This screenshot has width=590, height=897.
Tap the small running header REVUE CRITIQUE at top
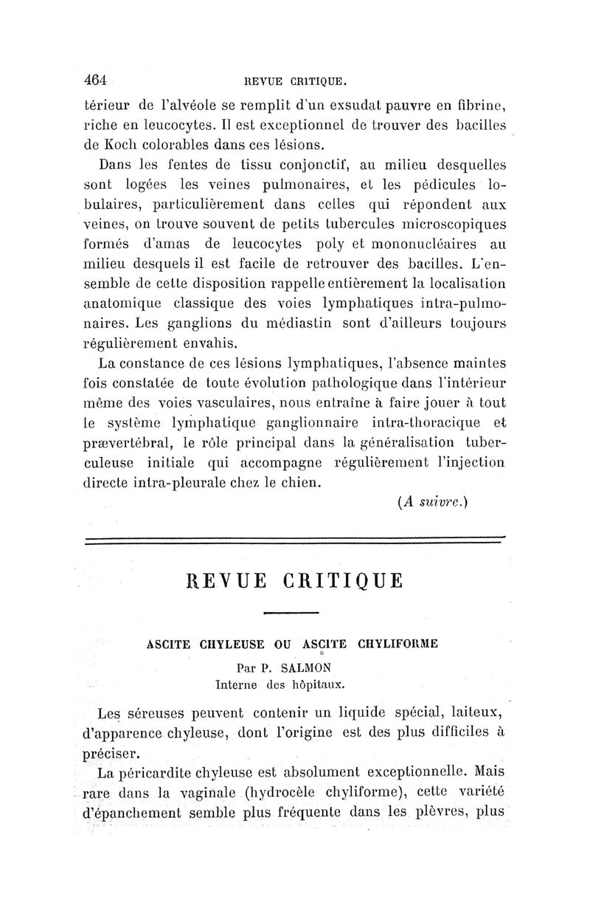(x=294, y=80)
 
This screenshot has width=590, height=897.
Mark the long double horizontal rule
(x=295, y=540)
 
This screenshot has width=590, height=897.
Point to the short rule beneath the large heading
(x=291, y=613)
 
